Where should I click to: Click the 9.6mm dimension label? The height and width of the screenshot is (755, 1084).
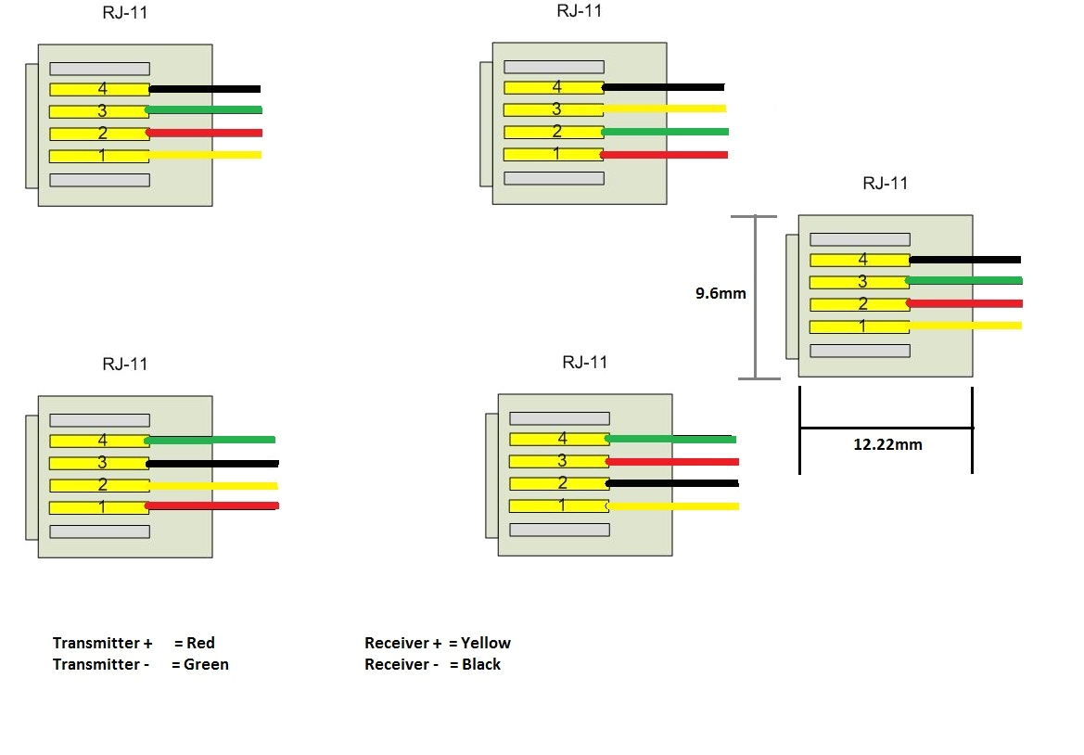pos(721,294)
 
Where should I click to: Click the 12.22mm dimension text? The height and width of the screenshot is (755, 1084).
pos(887,444)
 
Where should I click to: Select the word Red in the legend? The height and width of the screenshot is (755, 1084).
pos(200,643)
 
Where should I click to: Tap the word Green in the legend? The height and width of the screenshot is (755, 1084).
pos(206,664)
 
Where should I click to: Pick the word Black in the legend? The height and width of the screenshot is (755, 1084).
pos(480,664)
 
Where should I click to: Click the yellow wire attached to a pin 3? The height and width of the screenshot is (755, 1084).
pos(664,109)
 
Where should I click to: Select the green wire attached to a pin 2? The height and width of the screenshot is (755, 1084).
pos(664,132)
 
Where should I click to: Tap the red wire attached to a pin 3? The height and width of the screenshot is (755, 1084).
pos(672,461)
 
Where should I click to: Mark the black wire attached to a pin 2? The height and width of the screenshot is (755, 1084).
pos(672,483)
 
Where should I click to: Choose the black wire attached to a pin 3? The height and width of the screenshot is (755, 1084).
pos(213,463)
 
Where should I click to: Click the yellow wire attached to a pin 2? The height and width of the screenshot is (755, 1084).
pos(213,485)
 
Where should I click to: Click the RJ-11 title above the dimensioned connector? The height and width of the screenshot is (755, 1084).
pos(885,183)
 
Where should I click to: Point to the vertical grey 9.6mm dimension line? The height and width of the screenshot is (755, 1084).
pos(755,297)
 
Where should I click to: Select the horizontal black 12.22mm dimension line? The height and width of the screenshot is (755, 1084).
pos(886,428)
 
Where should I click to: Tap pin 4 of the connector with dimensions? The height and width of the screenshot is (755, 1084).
pos(859,260)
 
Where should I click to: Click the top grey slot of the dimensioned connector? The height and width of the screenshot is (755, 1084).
pos(859,239)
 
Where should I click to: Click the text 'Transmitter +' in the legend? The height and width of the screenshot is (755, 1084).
pos(102,643)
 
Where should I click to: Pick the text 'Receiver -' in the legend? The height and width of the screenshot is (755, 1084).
pos(401,664)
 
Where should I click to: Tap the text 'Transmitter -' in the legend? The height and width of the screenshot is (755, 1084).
pos(100,664)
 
